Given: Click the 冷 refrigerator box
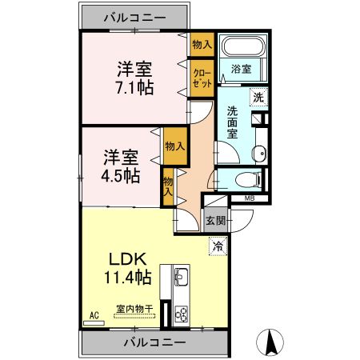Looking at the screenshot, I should click(217, 247).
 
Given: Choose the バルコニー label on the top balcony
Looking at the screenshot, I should click(134, 17).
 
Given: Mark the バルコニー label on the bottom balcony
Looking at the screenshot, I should click(154, 342).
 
